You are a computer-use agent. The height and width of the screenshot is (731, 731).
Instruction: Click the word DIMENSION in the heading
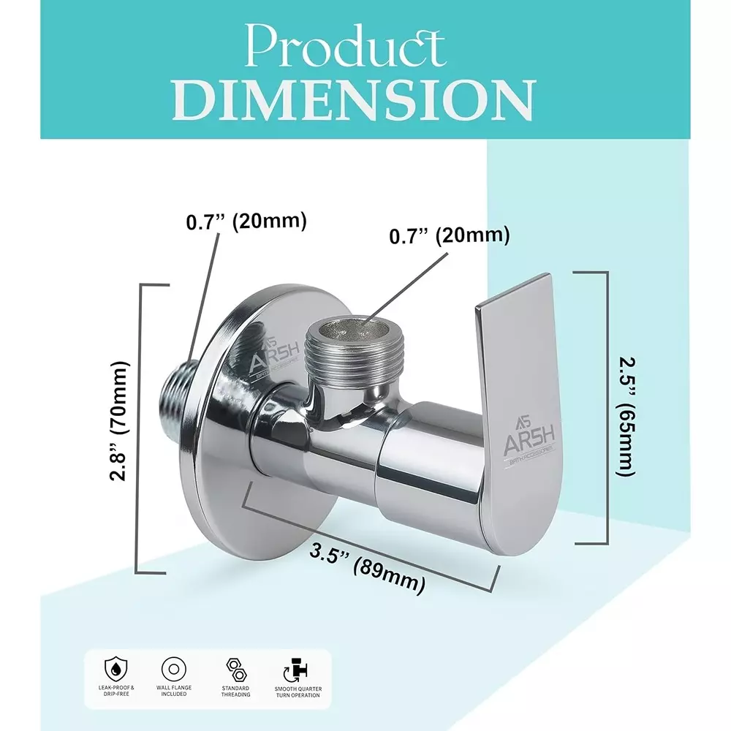point(356,100)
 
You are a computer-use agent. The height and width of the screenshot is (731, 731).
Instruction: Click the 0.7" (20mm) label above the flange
point(246,221)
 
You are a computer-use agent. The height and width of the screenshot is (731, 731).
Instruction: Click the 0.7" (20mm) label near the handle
point(448,235)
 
